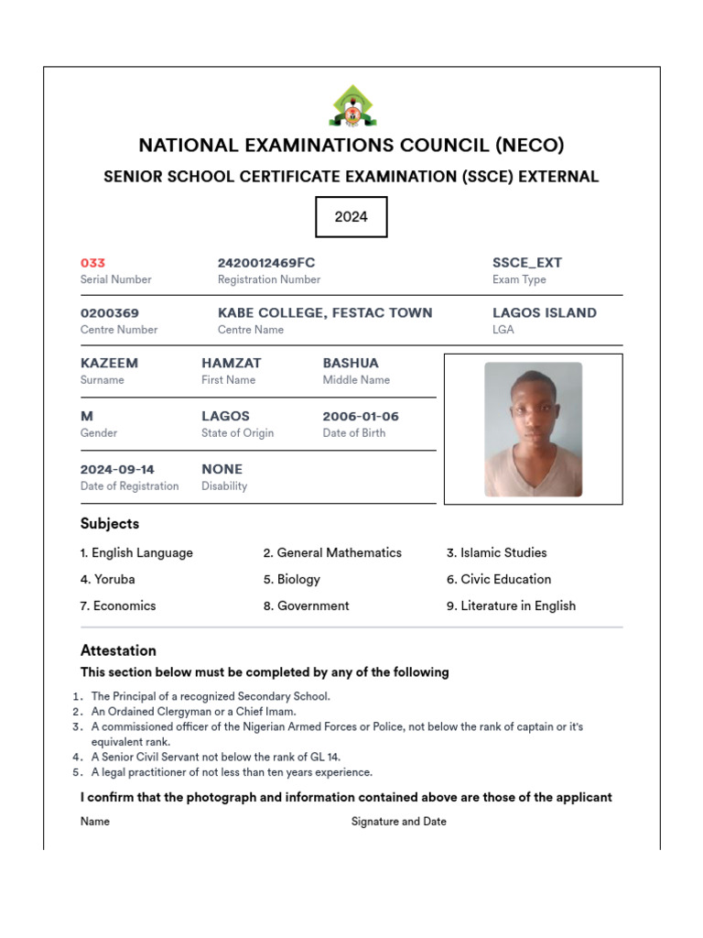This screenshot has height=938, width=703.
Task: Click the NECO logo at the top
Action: click(x=351, y=105)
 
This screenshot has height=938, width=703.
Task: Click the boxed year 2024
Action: click(x=351, y=217)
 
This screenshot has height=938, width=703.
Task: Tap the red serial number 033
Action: click(x=92, y=263)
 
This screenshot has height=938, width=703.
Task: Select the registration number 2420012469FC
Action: click(x=266, y=263)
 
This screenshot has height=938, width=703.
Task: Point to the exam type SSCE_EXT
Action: click(x=527, y=263)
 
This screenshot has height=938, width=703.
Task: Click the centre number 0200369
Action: click(x=110, y=313)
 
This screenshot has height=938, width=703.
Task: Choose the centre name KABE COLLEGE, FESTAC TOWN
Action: click(x=325, y=313)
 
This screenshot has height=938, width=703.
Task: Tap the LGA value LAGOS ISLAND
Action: click(x=545, y=313)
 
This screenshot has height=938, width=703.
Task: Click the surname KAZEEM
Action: click(x=109, y=364)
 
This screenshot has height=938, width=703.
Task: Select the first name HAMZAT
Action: click(x=232, y=364)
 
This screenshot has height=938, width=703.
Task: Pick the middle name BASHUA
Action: click(x=351, y=364)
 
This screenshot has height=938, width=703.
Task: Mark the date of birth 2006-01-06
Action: click(x=361, y=417)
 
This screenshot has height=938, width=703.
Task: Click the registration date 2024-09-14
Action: click(x=117, y=470)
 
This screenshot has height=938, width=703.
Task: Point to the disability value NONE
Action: click(x=222, y=470)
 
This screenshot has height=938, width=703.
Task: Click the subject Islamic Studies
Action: click(x=503, y=553)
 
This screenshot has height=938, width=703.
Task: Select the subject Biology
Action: click(x=298, y=580)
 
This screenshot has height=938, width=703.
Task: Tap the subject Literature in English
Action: click(x=517, y=606)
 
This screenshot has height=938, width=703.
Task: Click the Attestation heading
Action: click(x=118, y=651)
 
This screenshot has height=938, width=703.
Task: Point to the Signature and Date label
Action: click(x=399, y=822)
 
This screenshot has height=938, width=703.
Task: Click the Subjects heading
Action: click(x=110, y=524)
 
